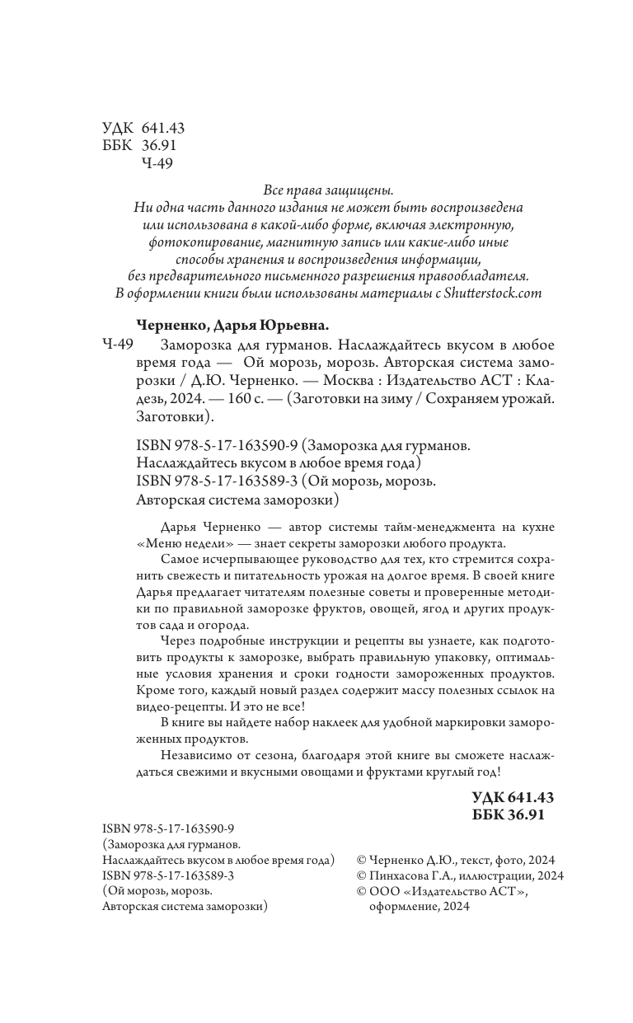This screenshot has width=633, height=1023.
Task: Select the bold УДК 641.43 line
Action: pos(512,797)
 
